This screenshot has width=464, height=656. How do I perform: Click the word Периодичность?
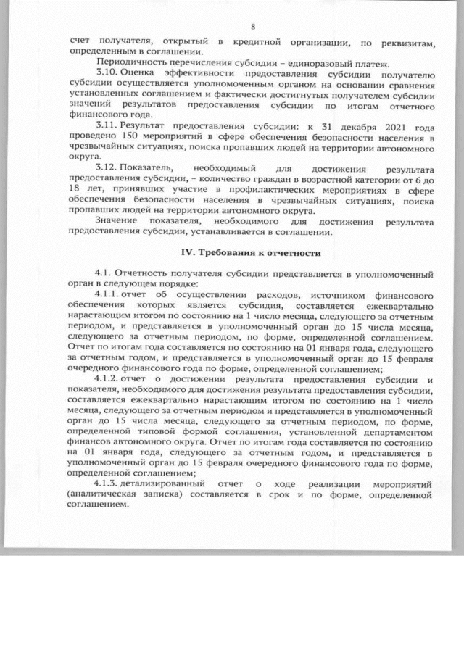(127, 65)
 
